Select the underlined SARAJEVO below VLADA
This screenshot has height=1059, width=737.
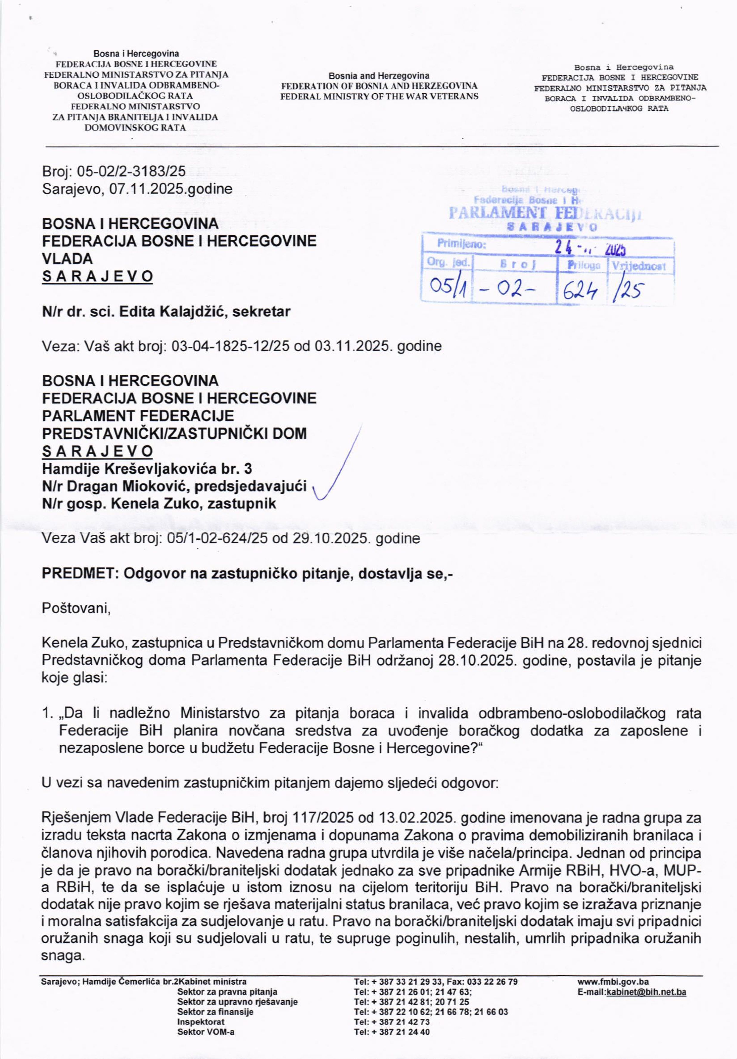coord(97,276)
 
